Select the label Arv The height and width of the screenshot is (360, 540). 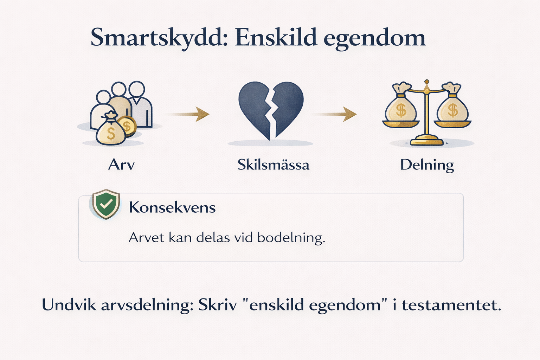121,165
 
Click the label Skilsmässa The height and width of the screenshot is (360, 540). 274,165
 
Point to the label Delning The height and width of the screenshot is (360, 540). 427,166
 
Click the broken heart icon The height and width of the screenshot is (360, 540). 271,111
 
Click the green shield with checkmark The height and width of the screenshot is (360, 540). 106,204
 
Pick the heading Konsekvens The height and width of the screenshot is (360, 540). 172,207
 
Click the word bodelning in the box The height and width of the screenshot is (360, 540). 291,238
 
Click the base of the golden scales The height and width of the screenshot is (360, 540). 427,141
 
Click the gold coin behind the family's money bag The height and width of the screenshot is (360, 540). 128,126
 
